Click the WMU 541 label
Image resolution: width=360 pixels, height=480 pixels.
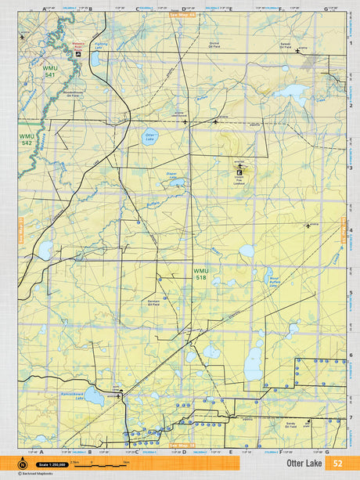[49, 72]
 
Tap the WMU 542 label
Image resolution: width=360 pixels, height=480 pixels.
[26, 139]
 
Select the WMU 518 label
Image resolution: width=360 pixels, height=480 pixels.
[201, 274]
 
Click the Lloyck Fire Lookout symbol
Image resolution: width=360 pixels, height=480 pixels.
[239, 166]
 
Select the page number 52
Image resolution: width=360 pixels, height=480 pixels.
[337, 464]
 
